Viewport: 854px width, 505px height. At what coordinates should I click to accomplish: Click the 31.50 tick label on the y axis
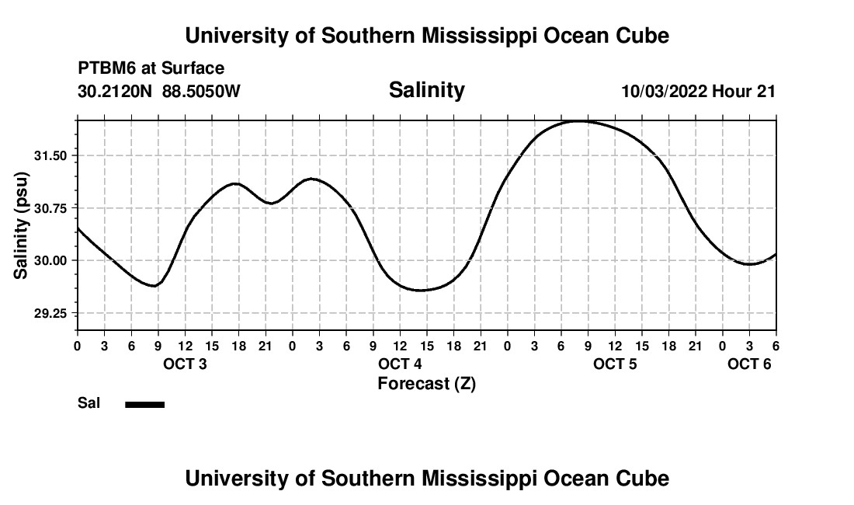pyautogui.click(x=51, y=155)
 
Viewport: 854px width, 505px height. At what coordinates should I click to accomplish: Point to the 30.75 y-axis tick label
pyautogui.click(x=51, y=207)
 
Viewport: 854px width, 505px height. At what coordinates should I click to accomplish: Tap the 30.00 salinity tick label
pyautogui.click(x=51, y=260)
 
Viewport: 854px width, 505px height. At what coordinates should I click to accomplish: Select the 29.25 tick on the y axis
pyautogui.click(x=51, y=313)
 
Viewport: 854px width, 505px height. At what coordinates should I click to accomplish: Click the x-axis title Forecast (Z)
pyautogui.click(x=426, y=383)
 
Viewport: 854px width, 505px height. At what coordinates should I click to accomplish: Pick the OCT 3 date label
pyautogui.click(x=185, y=364)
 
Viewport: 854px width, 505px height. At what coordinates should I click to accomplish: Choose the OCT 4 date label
pyautogui.click(x=400, y=364)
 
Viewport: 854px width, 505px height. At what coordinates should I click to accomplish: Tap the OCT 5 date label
pyautogui.click(x=615, y=364)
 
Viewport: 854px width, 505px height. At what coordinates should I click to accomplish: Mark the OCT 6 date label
pyautogui.click(x=749, y=364)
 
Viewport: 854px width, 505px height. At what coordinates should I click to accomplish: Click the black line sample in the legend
pyautogui.click(x=145, y=404)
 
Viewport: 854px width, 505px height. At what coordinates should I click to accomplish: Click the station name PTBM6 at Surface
pyautogui.click(x=151, y=68)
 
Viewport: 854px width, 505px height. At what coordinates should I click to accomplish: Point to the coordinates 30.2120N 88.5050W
pyautogui.click(x=159, y=91)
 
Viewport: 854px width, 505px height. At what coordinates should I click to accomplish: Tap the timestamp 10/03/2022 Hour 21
pyautogui.click(x=698, y=91)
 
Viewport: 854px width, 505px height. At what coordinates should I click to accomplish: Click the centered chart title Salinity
pyautogui.click(x=426, y=90)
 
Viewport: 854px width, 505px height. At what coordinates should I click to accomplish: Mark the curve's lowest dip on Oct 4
pyautogui.click(x=420, y=291)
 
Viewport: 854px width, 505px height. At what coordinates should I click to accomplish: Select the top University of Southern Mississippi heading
pyautogui.click(x=426, y=36)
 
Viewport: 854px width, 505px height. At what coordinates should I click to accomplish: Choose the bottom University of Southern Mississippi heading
pyautogui.click(x=426, y=478)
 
